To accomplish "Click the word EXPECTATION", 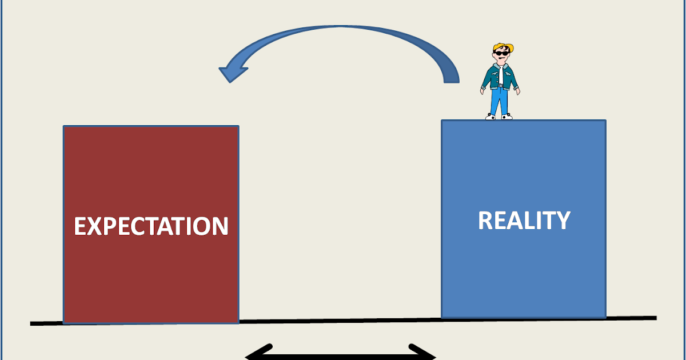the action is (x=151, y=226).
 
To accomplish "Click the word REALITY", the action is (x=524, y=221).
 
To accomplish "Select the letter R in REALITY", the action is (x=485, y=221).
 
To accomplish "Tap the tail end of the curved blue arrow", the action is (x=452, y=77).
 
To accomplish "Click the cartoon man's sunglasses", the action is (x=502, y=55).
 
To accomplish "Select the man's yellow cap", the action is (x=503, y=46).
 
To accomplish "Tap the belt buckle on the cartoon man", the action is (x=501, y=86).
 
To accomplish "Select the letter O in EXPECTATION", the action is (x=201, y=227).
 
